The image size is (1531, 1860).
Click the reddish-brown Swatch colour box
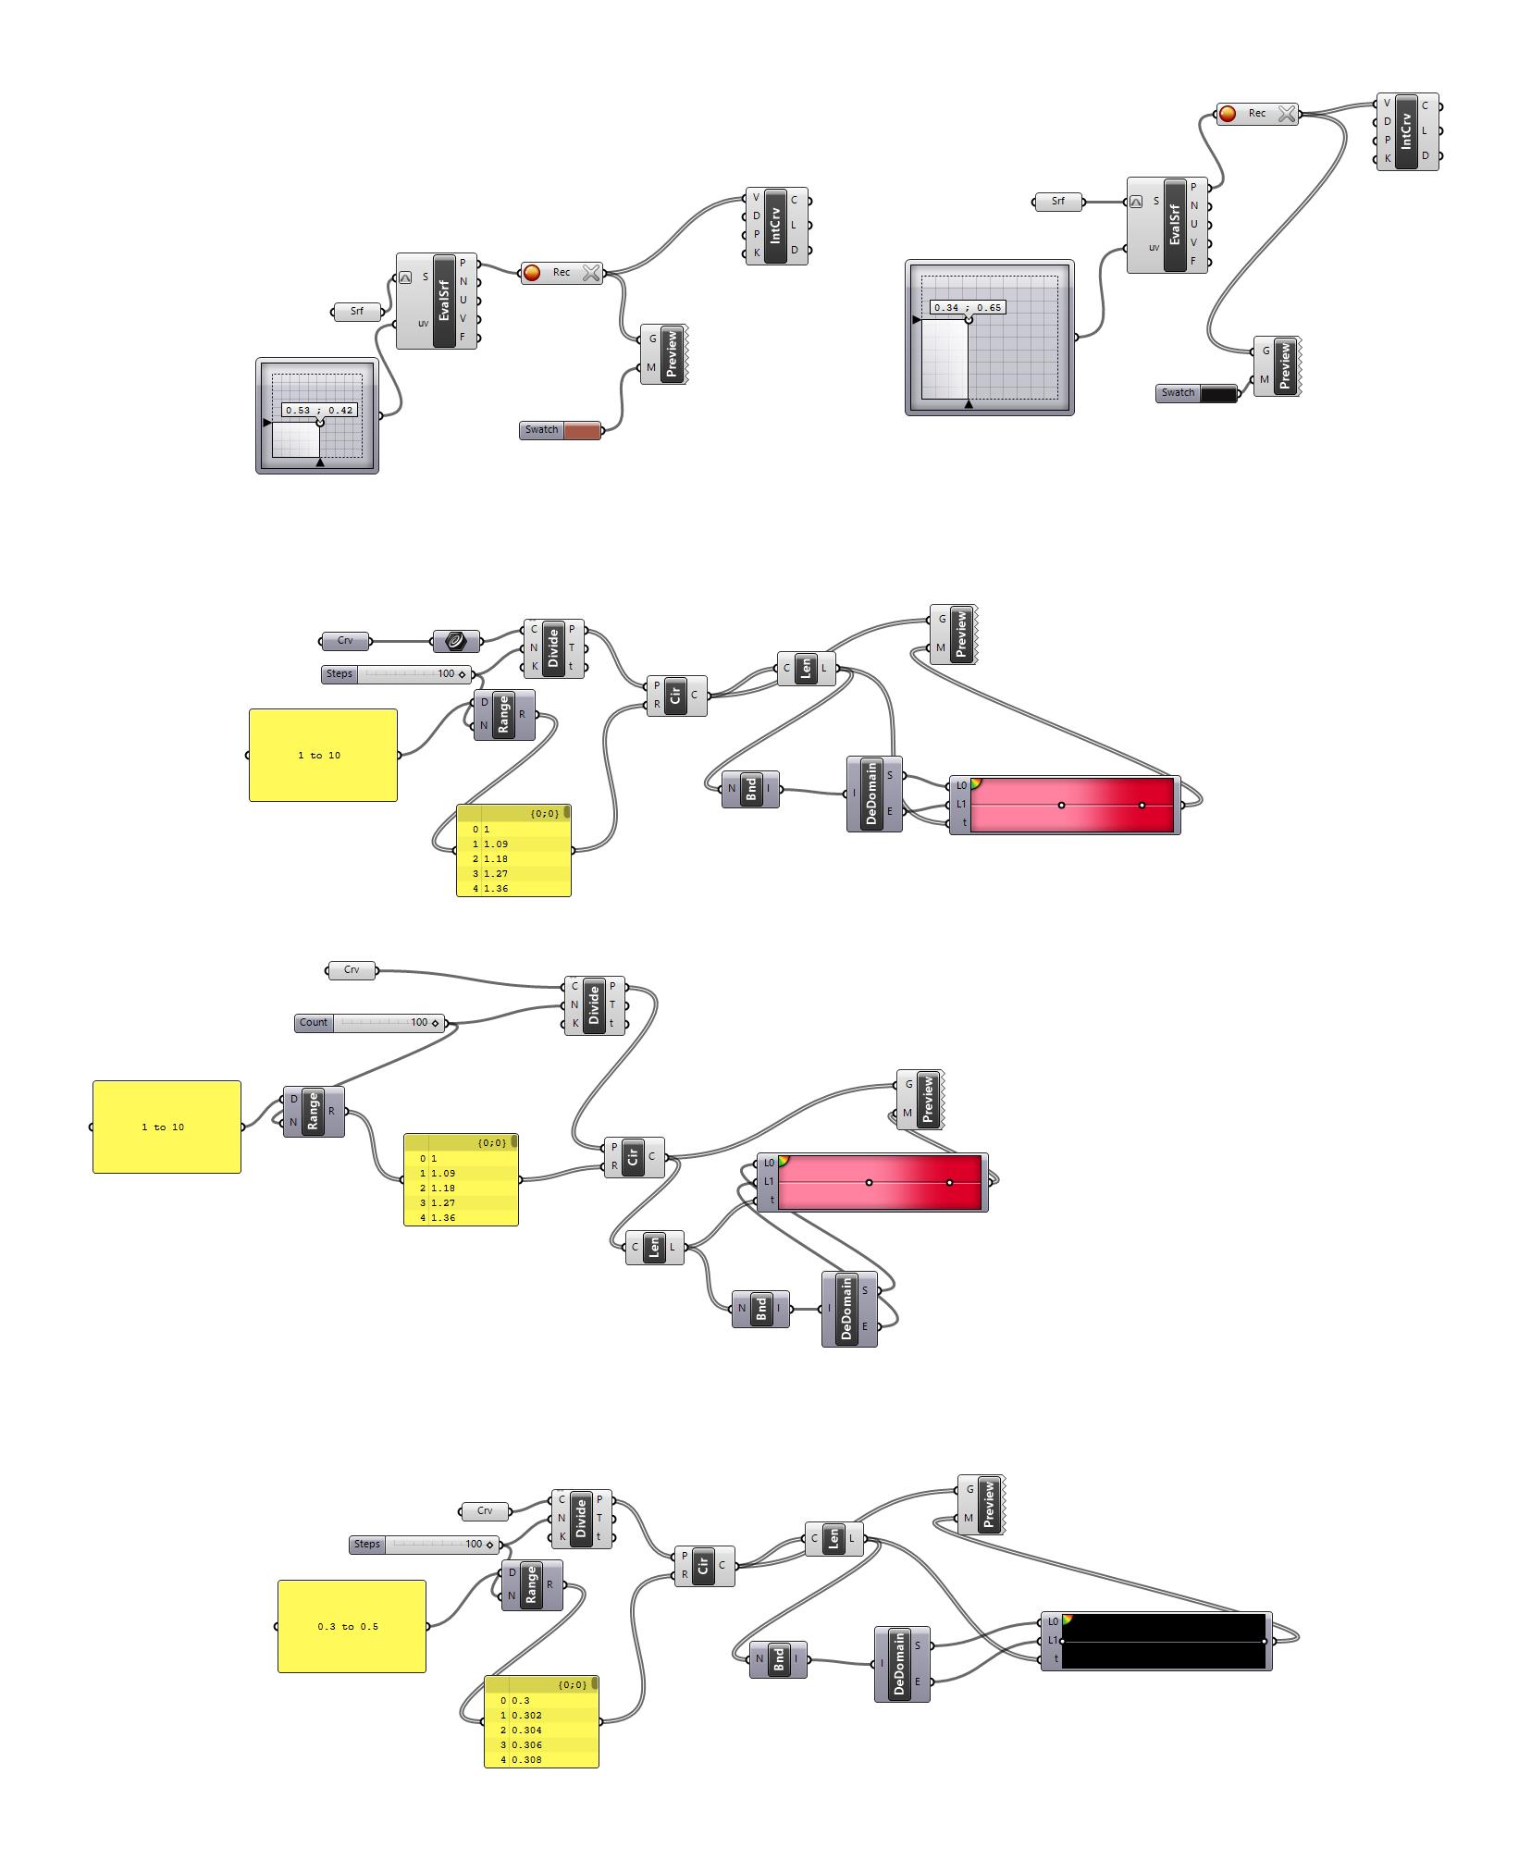(581, 430)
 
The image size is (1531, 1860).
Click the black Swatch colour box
(1217, 393)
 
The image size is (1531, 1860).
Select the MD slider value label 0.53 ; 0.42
(319, 410)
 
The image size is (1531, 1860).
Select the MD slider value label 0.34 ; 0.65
(967, 307)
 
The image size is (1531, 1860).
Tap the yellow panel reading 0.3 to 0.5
(352, 1626)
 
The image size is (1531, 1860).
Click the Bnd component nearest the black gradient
(778, 1659)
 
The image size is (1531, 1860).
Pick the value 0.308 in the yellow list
(527, 1759)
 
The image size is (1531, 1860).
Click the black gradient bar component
(1164, 1641)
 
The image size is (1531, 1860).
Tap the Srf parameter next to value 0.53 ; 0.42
(357, 312)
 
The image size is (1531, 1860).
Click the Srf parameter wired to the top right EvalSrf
(1057, 201)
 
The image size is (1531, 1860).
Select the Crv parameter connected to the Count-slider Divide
(352, 969)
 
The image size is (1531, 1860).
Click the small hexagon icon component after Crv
(456, 641)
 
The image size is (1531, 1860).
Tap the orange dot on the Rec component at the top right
(1228, 114)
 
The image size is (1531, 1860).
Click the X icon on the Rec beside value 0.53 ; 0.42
(591, 273)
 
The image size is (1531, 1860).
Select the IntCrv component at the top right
(1407, 131)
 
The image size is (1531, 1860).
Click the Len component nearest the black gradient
(833, 1539)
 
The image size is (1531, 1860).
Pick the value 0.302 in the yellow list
(527, 1715)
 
